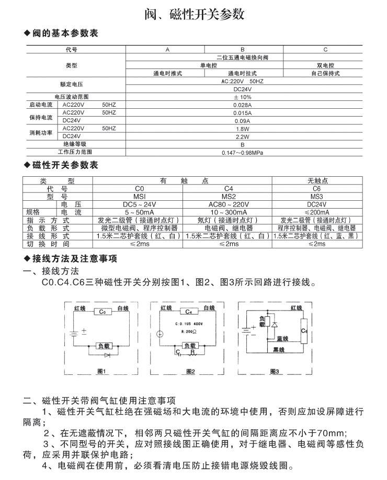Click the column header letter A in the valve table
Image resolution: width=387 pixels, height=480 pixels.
[167, 50]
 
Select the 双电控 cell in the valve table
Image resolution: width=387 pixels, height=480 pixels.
[325, 65]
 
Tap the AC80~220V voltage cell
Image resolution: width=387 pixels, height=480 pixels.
[229, 204]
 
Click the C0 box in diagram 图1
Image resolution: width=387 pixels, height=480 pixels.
[103, 312]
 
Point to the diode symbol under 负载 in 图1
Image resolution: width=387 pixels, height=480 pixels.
[108, 355]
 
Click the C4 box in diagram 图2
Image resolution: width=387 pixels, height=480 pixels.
[188, 312]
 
